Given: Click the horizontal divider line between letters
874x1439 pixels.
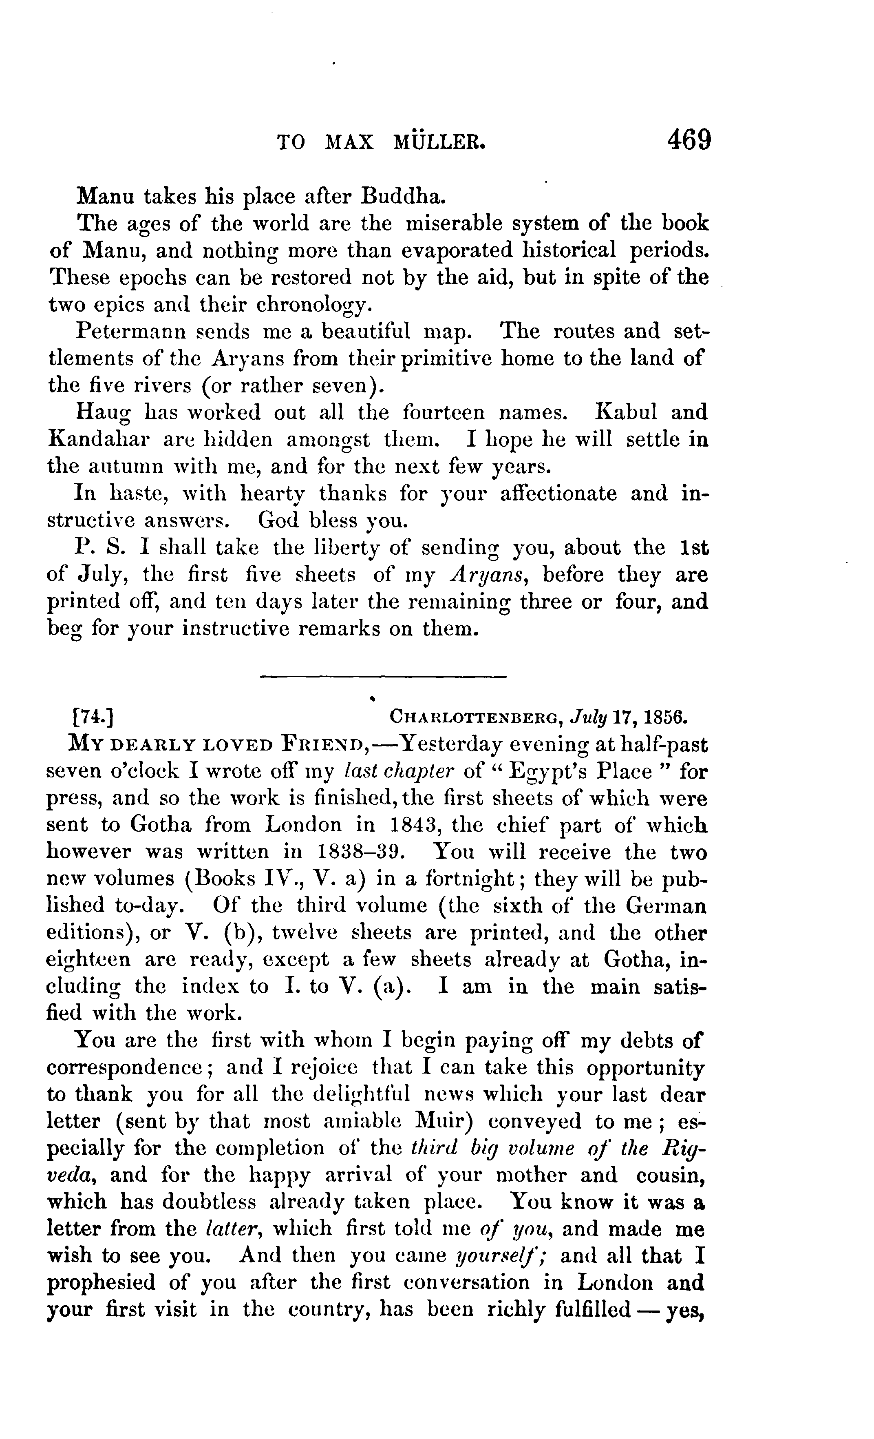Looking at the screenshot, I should [x=383, y=677].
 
